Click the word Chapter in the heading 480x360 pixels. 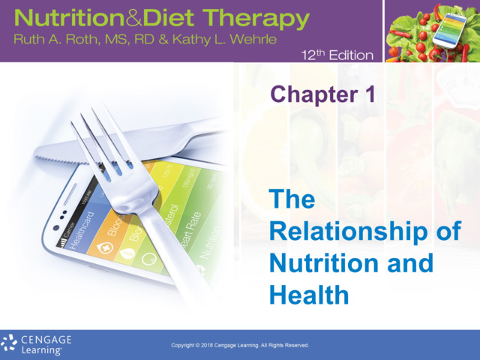[x=310, y=94]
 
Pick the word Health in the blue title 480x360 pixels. [x=309, y=295]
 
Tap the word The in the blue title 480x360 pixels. [x=292, y=200]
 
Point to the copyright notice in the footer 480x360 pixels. [x=240, y=346]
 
